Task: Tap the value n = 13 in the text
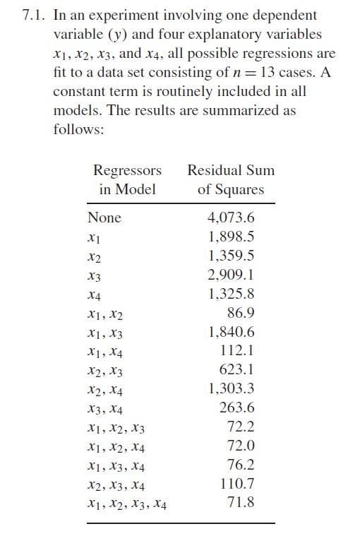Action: click(253, 72)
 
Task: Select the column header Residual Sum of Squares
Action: click(231, 179)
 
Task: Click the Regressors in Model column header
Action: click(127, 179)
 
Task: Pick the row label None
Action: click(104, 218)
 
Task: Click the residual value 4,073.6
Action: click(232, 218)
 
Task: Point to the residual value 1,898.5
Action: click(232, 237)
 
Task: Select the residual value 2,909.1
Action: click(232, 275)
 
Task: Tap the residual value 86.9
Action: click(241, 313)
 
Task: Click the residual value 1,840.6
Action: click(232, 332)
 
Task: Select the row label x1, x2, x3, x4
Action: click(128, 504)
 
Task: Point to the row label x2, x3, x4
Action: click(116, 485)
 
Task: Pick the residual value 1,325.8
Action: click(232, 294)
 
